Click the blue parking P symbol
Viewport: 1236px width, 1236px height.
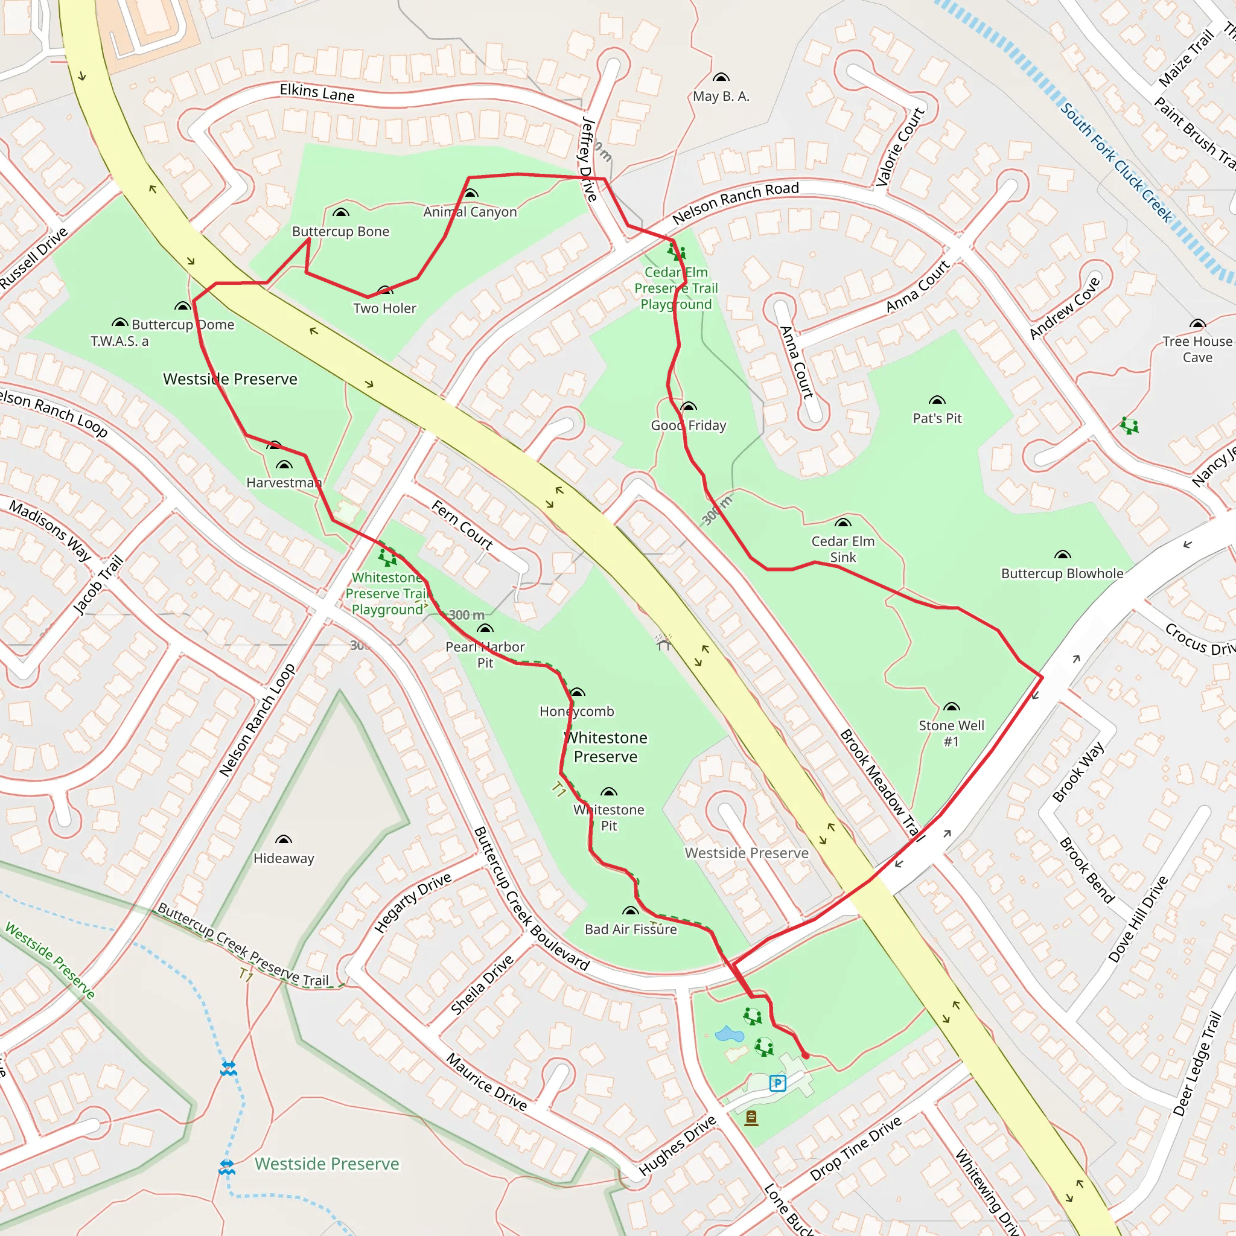pos(777,1083)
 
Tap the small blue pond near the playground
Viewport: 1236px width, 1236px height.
pos(728,1034)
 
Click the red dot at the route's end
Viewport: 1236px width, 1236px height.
pos(806,1056)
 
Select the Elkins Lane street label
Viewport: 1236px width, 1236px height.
pos(317,94)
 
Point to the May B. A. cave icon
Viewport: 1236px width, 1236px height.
pos(721,78)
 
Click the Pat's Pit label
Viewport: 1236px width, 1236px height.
pos(937,418)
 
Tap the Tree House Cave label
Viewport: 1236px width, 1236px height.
pos(1197,349)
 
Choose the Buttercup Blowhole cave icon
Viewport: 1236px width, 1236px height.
pos(1062,555)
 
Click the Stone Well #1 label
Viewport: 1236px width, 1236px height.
pos(951,733)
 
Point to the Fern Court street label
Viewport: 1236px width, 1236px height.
pos(462,525)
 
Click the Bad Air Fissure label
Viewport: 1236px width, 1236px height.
pos(630,929)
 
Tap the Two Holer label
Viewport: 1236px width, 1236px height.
pos(384,308)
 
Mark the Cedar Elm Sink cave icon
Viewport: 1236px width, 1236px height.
pos(843,523)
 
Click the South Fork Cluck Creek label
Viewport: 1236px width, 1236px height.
pos(1116,162)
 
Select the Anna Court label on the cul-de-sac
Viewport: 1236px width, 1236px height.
pos(796,362)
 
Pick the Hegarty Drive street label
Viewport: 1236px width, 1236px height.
pos(413,903)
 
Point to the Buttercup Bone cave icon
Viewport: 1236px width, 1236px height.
pos(341,213)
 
